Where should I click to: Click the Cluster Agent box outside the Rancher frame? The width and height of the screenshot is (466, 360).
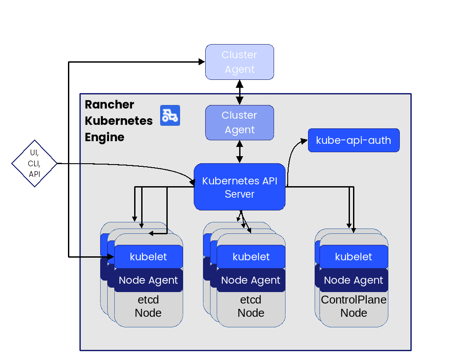click(x=240, y=62)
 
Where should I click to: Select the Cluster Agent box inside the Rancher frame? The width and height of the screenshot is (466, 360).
click(x=240, y=123)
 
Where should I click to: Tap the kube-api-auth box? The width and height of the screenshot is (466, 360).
click(x=353, y=140)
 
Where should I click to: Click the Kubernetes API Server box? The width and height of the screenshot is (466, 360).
click(x=240, y=187)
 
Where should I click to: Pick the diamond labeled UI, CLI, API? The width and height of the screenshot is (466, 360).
click(x=34, y=164)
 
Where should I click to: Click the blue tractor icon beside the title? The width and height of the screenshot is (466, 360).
click(x=170, y=116)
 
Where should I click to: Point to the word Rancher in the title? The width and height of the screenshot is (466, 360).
click(x=109, y=105)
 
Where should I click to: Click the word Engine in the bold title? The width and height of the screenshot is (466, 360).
click(x=105, y=137)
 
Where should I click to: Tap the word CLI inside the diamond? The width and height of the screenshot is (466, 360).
click(x=34, y=164)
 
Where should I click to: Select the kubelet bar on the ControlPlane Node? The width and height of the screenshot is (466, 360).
click(x=353, y=257)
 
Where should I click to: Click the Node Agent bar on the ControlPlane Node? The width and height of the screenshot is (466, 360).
click(x=353, y=280)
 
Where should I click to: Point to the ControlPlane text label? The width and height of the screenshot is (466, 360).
click(x=353, y=300)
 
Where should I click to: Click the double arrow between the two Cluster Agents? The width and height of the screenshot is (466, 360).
click(x=240, y=92)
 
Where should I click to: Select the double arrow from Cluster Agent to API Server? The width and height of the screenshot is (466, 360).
click(x=240, y=152)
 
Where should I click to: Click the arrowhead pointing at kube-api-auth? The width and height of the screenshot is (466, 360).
click(x=304, y=141)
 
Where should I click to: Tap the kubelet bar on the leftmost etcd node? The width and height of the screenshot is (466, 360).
click(x=148, y=257)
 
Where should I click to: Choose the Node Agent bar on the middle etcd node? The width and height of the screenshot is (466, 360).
click(x=251, y=280)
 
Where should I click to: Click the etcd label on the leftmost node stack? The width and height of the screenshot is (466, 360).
click(x=148, y=300)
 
